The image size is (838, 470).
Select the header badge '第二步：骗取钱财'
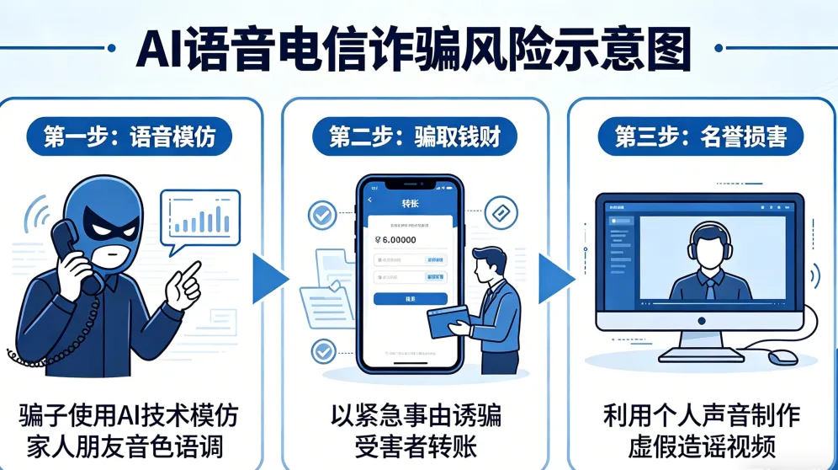416,136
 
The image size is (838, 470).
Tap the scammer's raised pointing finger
192,272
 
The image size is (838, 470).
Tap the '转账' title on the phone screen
410,203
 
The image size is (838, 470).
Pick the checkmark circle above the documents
321,216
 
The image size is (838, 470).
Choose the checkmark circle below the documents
321,350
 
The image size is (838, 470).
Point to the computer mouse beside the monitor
782,357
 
